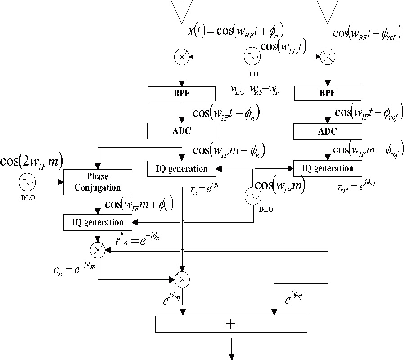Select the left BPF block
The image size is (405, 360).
point(182,94)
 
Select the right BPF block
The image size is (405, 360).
point(327,94)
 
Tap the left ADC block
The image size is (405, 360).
point(182,131)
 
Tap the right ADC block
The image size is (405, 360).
point(327,131)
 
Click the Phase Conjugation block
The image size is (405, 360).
point(98,182)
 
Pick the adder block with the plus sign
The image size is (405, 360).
point(231,324)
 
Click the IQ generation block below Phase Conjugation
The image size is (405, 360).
point(98,222)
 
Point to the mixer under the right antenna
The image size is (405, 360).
point(327,57)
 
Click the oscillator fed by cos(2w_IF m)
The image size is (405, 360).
point(27,182)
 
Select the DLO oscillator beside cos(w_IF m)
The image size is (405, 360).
point(252,196)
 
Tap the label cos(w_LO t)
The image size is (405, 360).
point(283,46)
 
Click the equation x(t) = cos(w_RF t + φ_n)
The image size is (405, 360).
point(236,31)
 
